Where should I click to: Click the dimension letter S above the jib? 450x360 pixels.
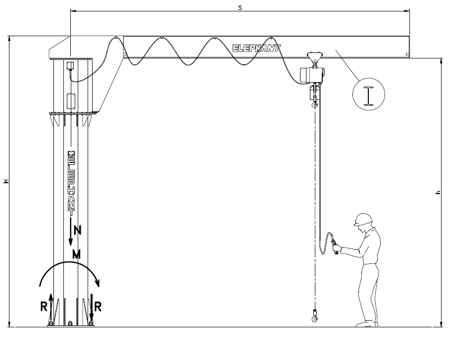click(x=240, y=8)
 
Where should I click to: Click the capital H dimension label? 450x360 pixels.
click(x=6, y=181)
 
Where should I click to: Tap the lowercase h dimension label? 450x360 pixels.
click(x=438, y=192)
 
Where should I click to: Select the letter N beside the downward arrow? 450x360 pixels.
click(x=78, y=230)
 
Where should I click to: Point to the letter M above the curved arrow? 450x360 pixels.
click(x=76, y=255)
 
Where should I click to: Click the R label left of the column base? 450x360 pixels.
click(x=44, y=307)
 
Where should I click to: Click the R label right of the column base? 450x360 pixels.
click(x=98, y=307)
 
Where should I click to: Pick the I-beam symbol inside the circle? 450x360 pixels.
click(x=368, y=96)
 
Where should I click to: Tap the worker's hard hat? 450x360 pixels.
click(x=363, y=219)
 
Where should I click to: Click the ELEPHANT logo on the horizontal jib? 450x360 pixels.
click(x=256, y=48)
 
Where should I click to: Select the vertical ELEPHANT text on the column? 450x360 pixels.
click(x=71, y=184)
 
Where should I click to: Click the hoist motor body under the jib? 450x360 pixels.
click(x=312, y=75)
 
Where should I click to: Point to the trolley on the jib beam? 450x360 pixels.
click(x=315, y=58)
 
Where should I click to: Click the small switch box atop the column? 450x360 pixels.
click(x=70, y=66)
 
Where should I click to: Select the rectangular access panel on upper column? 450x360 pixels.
click(x=71, y=101)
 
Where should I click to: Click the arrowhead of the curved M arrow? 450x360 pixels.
click(x=98, y=283)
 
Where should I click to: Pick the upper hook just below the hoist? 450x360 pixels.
click(x=315, y=103)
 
